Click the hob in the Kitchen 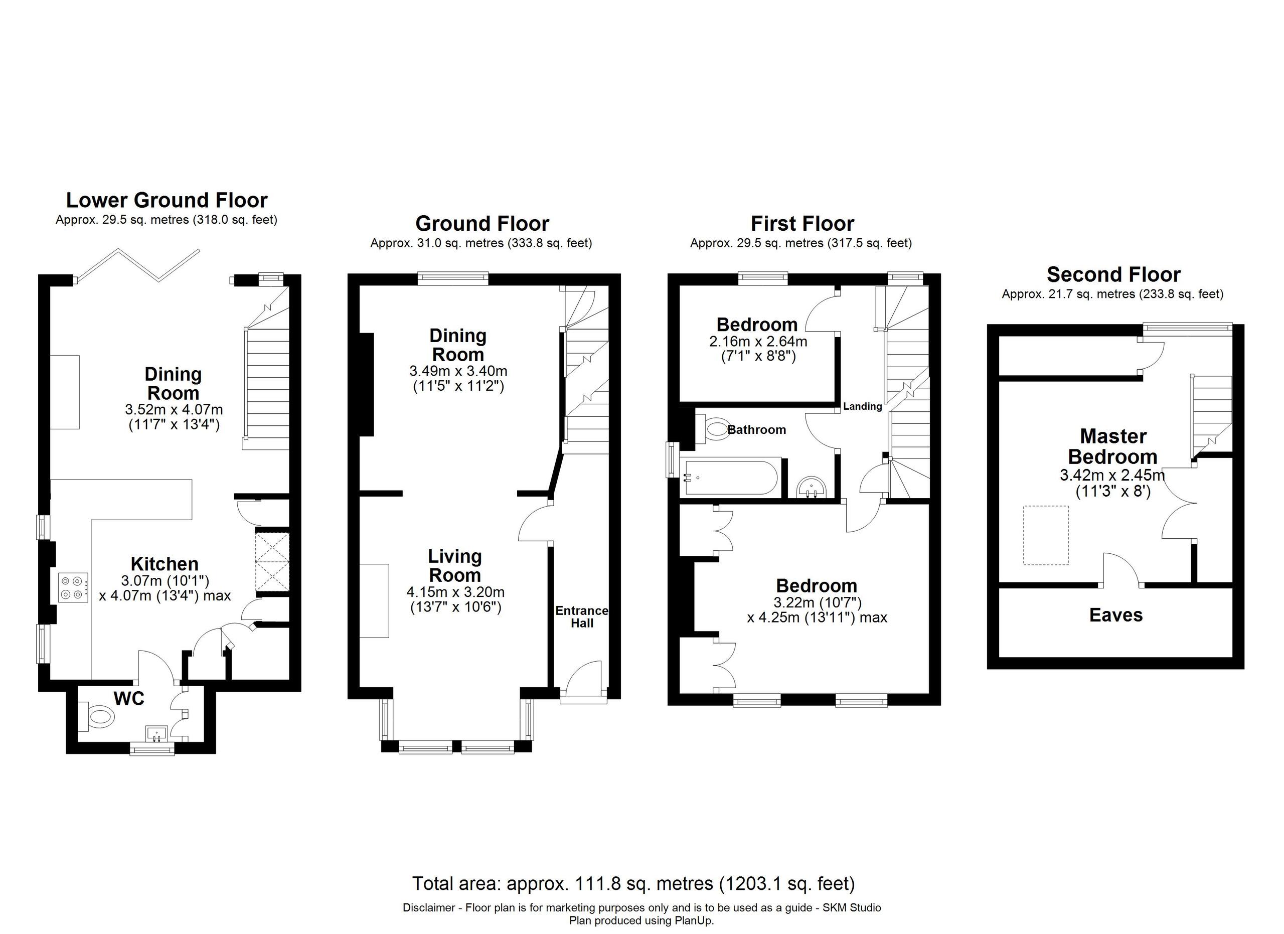tap(73, 587)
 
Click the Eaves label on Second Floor tap(1115, 615)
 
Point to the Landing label tap(862, 406)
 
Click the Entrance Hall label tap(581, 617)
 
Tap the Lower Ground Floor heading tap(167, 200)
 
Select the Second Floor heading tap(1113, 274)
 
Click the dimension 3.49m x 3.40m tap(457, 371)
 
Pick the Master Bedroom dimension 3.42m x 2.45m tap(1112, 476)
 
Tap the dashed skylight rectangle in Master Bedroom tap(1045, 536)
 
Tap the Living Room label tap(454, 565)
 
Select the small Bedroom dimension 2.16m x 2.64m tap(757, 342)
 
